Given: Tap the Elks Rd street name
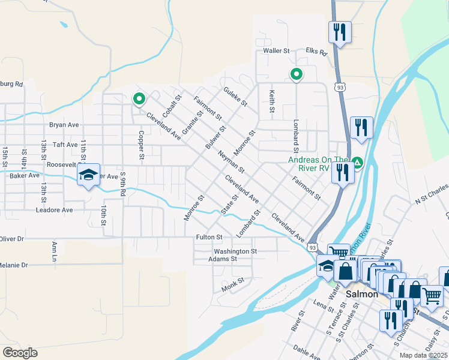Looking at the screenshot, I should pyautogui.click(x=316, y=52).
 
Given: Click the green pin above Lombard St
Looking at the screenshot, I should pyautogui.click(x=296, y=74).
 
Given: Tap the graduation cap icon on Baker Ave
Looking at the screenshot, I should pyautogui.click(x=88, y=175).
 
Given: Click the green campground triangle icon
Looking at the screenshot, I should pyautogui.click(x=357, y=162).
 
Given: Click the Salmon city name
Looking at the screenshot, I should pyautogui.click(x=362, y=294).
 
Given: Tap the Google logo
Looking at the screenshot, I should pyautogui.click(x=20, y=352).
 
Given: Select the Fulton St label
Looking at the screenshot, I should pyautogui.click(x=209, y=238).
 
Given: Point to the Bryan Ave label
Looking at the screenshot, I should pyautogui.click(x=64, y=125).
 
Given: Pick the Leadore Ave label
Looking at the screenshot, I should pyautogui.click(x=54, y=210).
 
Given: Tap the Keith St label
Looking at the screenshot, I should pyautogui.click(x=272, y=101).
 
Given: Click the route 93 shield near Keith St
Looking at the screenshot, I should pyautogui.click(x=340, y=88).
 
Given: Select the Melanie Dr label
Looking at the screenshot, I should pyautogui.click(x=13, y=265).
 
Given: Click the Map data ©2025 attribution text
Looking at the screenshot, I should pyautogui.click(x=424, y=355).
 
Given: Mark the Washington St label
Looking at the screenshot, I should pyautogui.click(x=235, y=251).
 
